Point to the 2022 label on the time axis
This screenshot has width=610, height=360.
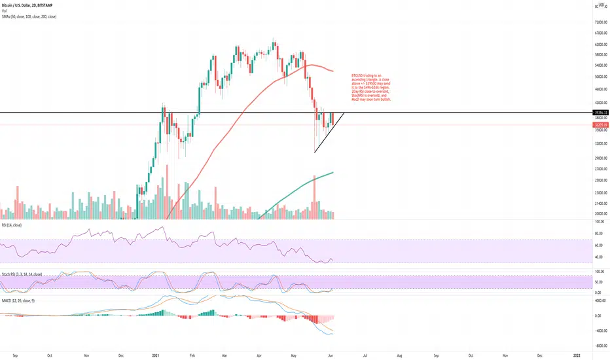click(x=577, y=354)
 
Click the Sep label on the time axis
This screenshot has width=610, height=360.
click(x=14, y=354)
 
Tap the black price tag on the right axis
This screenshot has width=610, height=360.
click(x=600, y=113)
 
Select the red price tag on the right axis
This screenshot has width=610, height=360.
click(x=600, y=124)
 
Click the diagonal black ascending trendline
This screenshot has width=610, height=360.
click(x=329, y=133)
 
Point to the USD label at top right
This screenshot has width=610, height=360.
click(x=600, y=5)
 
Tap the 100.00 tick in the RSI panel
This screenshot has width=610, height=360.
click(x=598, y=222)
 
